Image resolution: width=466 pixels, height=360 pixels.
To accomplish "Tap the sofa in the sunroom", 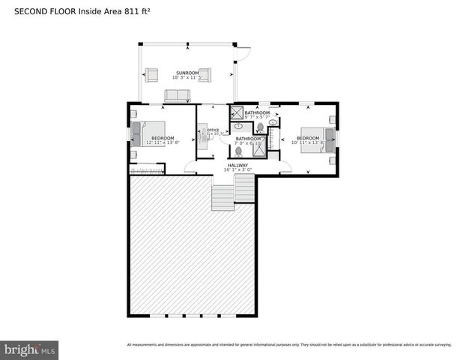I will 178,94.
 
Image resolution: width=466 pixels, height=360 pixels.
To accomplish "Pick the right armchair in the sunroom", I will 205,73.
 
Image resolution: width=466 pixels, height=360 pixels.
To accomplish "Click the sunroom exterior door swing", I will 242,55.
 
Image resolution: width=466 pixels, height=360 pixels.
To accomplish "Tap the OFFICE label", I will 212,130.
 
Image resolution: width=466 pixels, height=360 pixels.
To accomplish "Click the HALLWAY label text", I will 237,165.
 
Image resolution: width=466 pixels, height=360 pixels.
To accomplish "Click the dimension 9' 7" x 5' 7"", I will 256,118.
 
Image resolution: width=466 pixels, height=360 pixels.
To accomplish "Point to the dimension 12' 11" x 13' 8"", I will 163,142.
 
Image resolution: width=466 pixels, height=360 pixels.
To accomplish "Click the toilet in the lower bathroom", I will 238,151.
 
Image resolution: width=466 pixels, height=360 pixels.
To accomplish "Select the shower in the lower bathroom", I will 258,148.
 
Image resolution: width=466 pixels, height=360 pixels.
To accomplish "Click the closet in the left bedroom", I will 147,172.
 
